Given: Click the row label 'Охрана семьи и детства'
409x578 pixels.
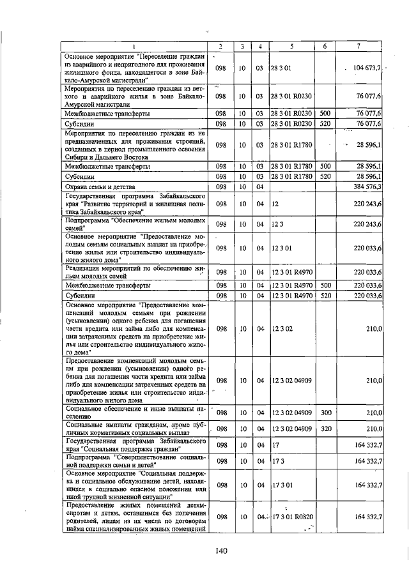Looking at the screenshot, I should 102,186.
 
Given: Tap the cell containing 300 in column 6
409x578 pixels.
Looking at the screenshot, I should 325,413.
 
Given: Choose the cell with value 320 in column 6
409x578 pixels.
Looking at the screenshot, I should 325,429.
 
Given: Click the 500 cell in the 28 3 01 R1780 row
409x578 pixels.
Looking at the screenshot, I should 325,165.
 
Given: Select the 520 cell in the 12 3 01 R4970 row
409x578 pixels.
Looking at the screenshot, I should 325,296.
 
